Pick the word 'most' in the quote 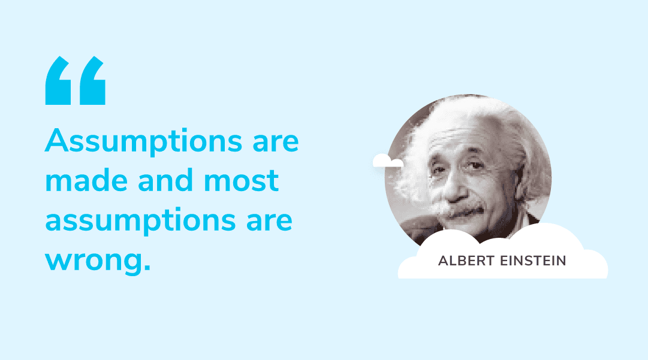click(242, 181)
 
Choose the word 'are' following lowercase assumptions click(269, 221)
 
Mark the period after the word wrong click(146, 268)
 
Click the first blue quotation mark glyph click(58, 80)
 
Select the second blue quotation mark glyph click(92, 80)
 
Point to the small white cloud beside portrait click(388, 161)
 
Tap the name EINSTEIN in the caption click(533, 261)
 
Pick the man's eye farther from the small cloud click(476, 166)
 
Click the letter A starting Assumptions click(56, 140)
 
